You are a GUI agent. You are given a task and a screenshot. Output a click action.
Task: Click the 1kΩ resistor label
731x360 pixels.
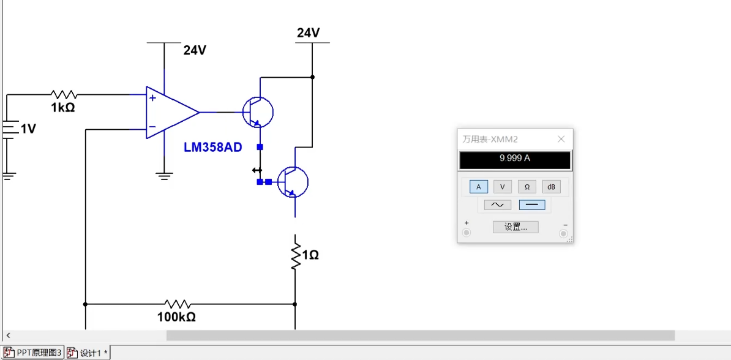(x=62, y=108)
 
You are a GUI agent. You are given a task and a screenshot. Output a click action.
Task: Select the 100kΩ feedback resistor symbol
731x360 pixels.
(x=178, y=304)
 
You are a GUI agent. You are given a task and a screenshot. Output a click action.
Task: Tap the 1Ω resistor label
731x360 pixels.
(x=310, y=255)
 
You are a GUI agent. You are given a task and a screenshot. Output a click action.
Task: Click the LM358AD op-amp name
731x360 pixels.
(x=213, y=147)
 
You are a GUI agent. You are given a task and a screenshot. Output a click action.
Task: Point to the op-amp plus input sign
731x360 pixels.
(x=152, y=97)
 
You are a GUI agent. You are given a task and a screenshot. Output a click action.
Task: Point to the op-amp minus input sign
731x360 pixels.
(x=152, y=127)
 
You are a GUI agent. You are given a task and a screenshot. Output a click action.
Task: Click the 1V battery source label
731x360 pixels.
(x=28, y=129)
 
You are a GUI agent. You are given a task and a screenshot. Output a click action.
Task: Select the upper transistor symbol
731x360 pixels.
(x=257, y=112)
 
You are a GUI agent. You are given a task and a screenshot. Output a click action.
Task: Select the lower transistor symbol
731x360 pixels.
(x=292, y=182)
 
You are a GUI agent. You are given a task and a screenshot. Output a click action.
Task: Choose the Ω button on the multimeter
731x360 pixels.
(x=527, y=187)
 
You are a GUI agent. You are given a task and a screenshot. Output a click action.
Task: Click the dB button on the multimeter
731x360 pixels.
(x=551, y=187)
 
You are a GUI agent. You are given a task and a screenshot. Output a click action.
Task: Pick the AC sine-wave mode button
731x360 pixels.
(x=497, y=204)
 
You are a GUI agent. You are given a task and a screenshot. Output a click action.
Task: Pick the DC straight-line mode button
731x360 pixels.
(x=531, y=204)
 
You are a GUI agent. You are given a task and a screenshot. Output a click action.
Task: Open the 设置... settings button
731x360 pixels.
(x=515, y=227)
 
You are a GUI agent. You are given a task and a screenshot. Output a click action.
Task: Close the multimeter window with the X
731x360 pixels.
(x=561, y=139)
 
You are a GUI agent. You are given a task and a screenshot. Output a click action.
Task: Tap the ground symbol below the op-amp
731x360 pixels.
(x=163, y=176)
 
